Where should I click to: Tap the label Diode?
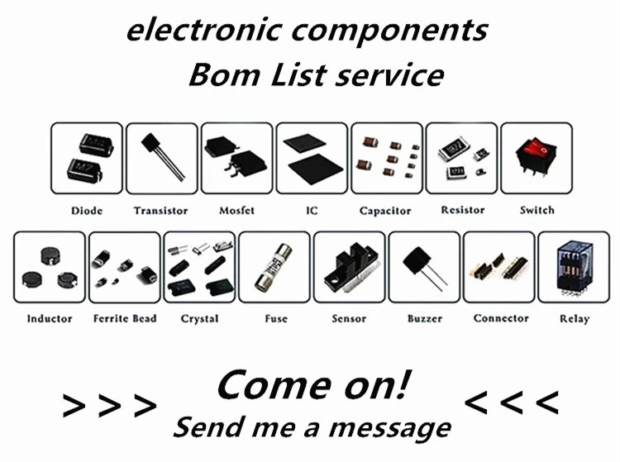click(87, 211)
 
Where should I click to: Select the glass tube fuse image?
click(274, 268)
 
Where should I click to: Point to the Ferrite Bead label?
click(125, 318)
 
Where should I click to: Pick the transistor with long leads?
click(163, 156)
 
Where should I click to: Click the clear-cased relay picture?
click(574, 267)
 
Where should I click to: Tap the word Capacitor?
click(385, 211)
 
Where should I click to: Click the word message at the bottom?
click(390, 428)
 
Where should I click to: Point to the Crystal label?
click(200, 319)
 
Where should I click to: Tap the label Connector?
click(501, 318)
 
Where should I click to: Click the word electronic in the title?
click(204, 30)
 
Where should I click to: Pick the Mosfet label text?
click(237, 211)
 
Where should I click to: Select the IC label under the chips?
click(312, 211)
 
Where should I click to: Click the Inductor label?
click(50, 318)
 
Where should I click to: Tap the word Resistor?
click(463, 210)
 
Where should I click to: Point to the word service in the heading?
click(389, 75)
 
